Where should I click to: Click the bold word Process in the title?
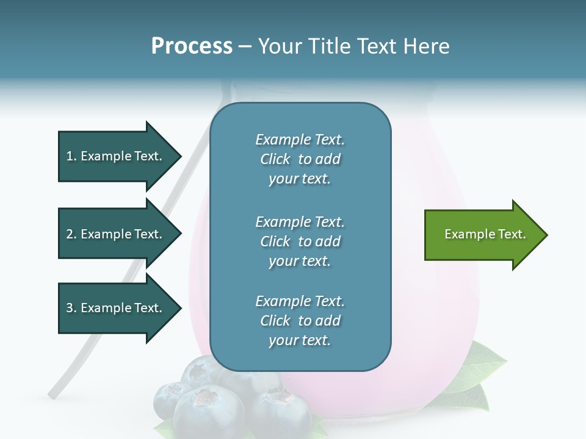[x=192, y=46]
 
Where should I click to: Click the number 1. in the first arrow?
[x=71, y=156]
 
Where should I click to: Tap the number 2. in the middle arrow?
[x=71, y=234]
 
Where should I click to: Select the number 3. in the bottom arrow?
[x=71, y=308]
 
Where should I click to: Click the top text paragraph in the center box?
[x=300, y=159]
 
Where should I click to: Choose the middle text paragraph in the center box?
[x=300, y=241]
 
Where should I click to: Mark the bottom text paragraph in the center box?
[x=300, y=321]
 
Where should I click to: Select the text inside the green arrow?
[x=485, y=234]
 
